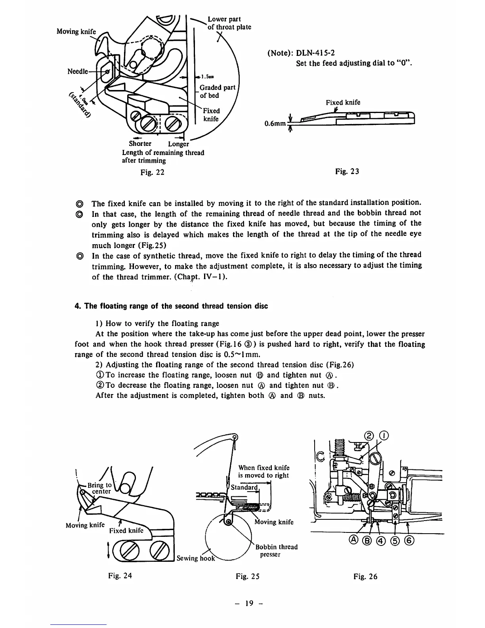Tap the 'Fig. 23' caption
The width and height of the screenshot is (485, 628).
pos(347,171)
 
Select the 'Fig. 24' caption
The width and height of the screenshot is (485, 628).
pos(120,576)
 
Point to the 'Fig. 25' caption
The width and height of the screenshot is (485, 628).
pos(248,576)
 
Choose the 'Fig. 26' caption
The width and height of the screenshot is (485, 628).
pos(366,576)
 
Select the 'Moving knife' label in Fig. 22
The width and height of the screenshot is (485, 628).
pos(76,31)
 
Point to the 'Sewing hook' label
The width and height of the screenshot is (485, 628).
pos(196,558)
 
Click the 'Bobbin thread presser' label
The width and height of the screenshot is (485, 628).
pos(276,551)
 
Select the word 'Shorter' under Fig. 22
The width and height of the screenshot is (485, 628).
pos(140,144)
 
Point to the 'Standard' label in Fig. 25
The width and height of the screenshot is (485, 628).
pos(244,487)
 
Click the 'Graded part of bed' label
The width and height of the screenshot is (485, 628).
pos(217,92)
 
